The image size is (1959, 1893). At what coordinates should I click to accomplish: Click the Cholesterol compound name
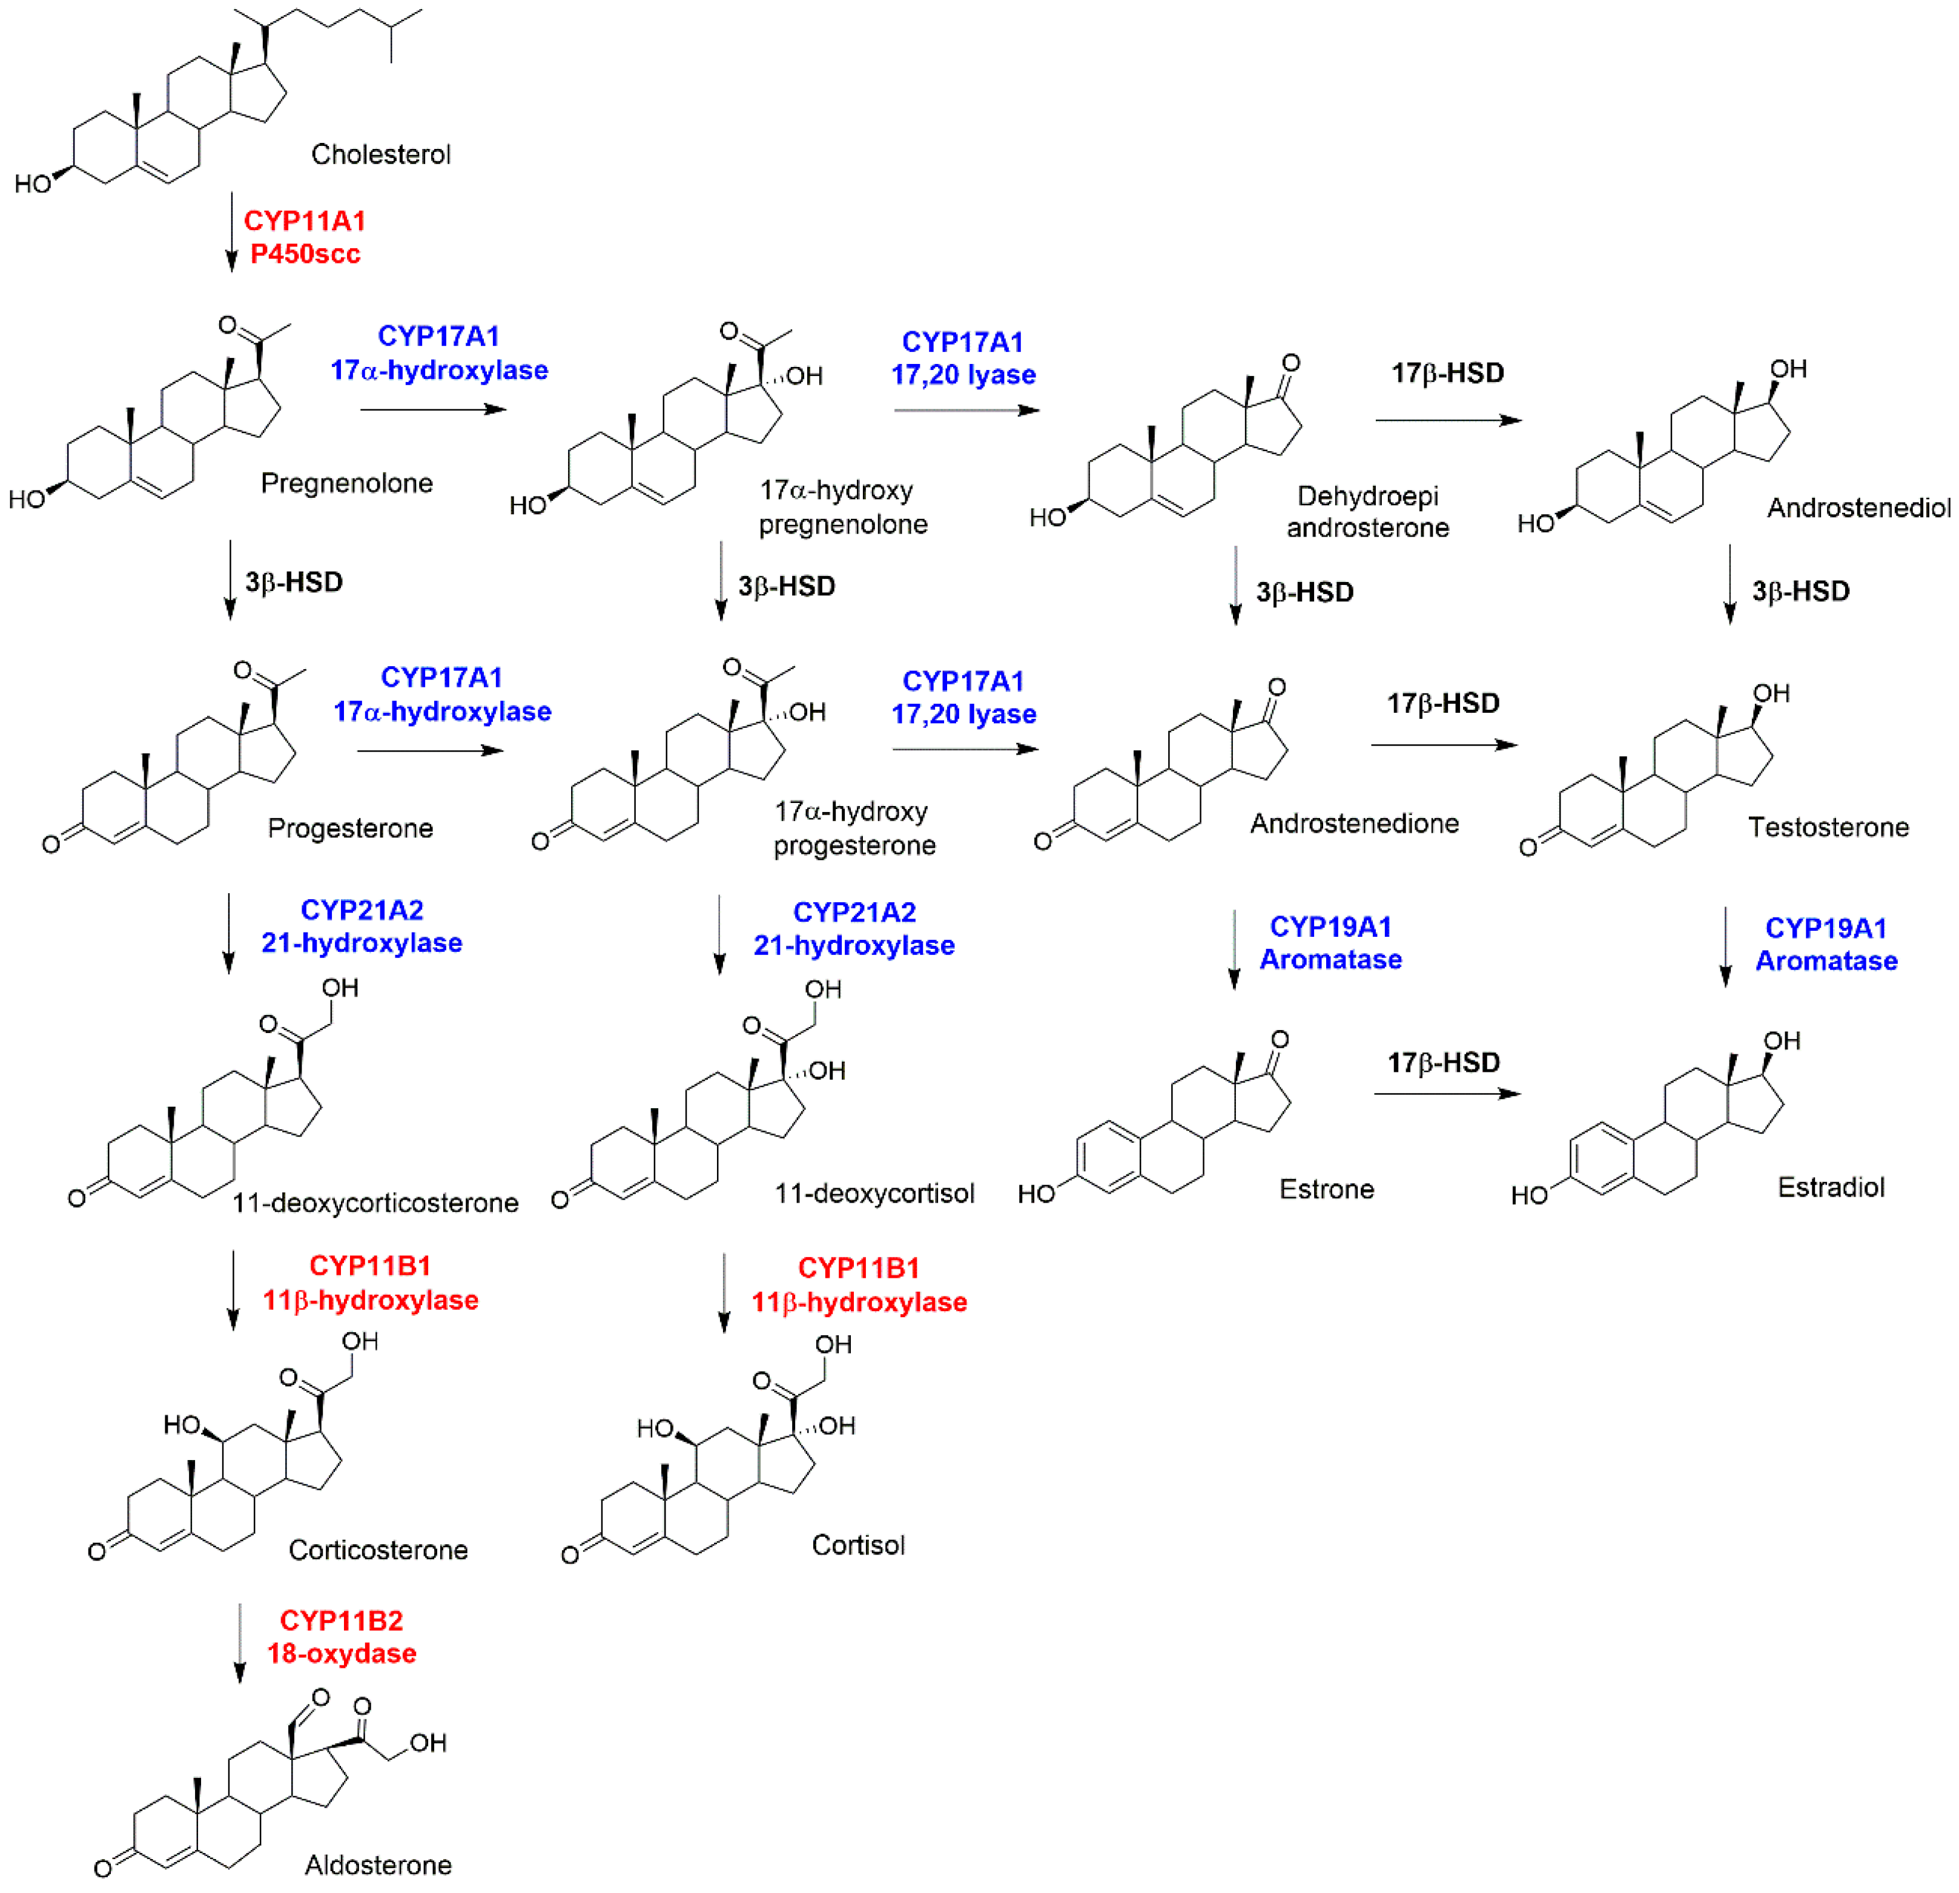coord(381,155)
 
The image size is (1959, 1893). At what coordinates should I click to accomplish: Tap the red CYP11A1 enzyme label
coord(305,221)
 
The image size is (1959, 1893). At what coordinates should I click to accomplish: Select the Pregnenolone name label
coord(347,484)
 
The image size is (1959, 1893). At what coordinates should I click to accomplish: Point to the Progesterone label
coord(351,828)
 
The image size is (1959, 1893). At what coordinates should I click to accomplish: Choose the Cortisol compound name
coord(857,1545)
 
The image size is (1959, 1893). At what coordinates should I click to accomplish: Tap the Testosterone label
coord(1828,828)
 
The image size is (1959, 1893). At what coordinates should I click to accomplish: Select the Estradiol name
coord(1831,1188)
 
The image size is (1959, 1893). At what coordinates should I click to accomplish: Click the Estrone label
coord(1326,1189)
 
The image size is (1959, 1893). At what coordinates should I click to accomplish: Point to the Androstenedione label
coord(1354,824)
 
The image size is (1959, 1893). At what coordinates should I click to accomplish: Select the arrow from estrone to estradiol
coord(1446,1094)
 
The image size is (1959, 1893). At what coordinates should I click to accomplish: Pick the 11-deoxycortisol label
coord(874,1194)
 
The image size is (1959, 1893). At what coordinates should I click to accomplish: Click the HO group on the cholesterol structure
coord(33,184)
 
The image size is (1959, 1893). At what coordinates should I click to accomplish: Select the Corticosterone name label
coord(378,1550)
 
